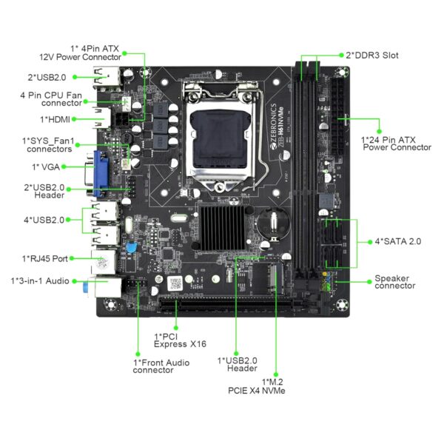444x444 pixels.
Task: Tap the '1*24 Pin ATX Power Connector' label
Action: click(396, 143)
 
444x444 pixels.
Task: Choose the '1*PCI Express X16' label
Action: click(179, 340)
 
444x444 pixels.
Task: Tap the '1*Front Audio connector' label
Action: click(161, 366)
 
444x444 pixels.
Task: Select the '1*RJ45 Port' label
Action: click(45, 258)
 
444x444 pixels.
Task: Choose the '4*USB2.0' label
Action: click(44, 220)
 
